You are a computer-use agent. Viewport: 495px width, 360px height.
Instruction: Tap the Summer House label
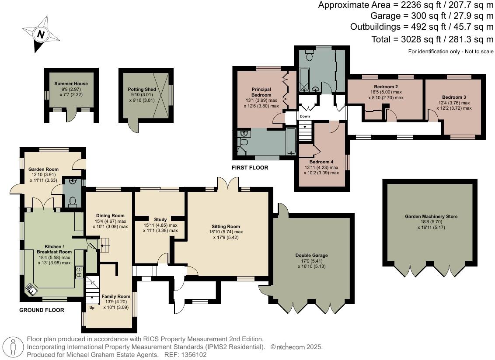(x=71, y=83)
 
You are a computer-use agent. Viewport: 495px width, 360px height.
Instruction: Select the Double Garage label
(x=311, y=255)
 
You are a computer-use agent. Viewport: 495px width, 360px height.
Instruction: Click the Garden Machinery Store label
(x=431, y=216)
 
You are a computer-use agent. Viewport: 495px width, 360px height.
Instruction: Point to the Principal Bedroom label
(x=261, y=92)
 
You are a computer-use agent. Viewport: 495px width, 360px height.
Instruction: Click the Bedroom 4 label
(x=321, y=162)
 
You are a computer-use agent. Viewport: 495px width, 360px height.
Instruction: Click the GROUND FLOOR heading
(x=42, y=310)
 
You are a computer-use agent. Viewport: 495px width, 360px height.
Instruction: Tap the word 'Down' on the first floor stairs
(x=305, y=116)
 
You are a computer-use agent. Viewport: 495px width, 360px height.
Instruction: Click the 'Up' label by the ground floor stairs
(x=92, y=307)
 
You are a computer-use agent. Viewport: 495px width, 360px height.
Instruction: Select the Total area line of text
(x=432, y=39)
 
